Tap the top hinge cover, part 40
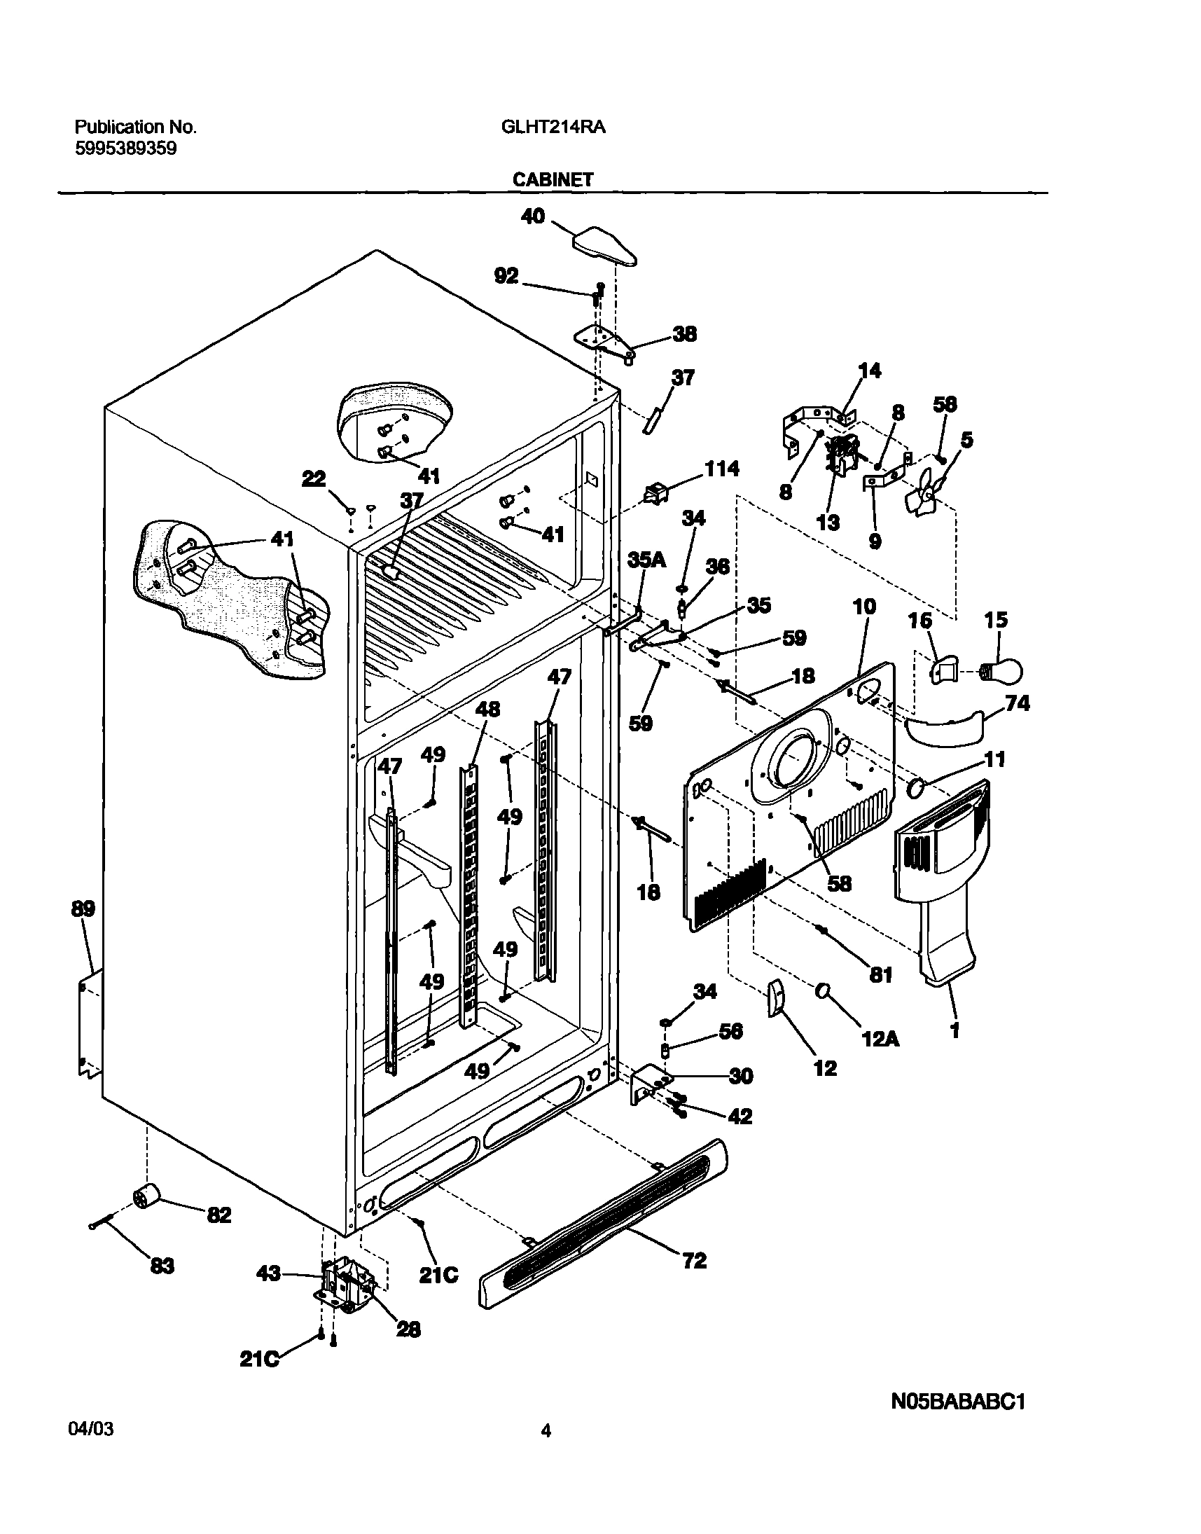pos(605,246)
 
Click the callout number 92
pos(506,276)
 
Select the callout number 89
pos(83,908)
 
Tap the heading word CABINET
pos(553,180)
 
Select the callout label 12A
pos(881,1038)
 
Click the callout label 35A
pos(646,560)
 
